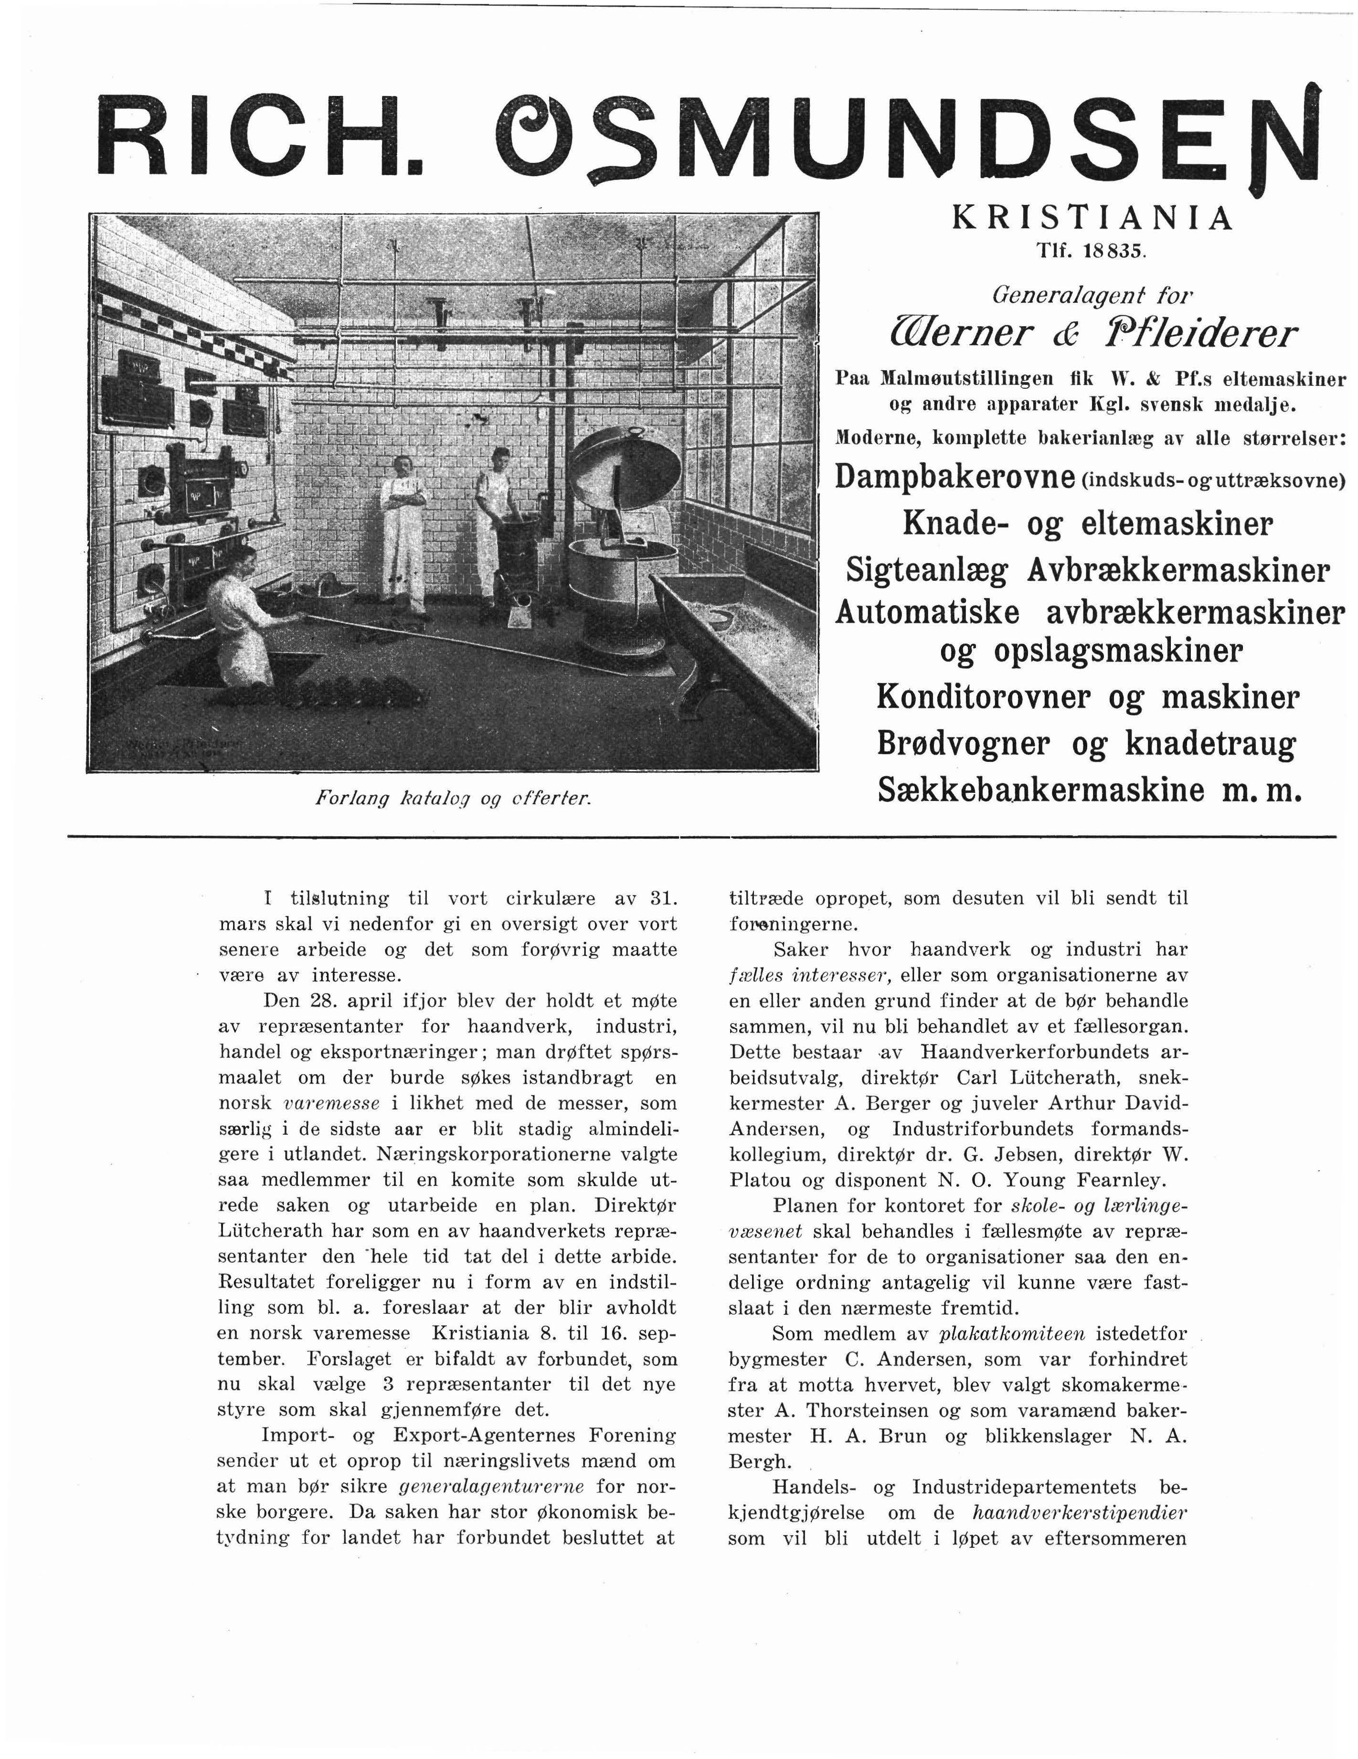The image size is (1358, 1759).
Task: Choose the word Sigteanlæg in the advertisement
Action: click(x=926, y=570)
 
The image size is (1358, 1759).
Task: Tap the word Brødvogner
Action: click(x=963, y=744)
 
